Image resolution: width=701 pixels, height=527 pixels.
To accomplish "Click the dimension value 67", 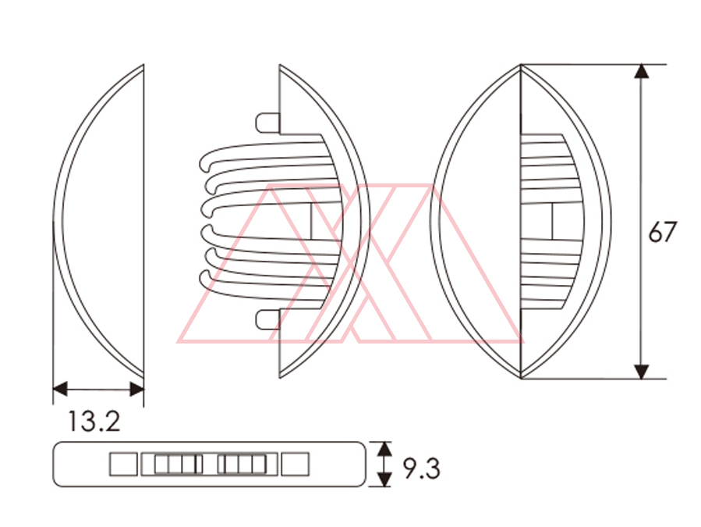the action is pos(663,231).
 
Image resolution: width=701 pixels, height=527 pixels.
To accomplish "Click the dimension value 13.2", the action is pos(94,422).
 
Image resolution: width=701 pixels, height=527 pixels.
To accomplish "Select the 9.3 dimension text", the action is pos(422,468).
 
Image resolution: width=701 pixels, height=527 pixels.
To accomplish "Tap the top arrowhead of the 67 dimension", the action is pos(642,71).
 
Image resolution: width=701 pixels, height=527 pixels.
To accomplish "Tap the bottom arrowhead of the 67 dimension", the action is pos(642,372).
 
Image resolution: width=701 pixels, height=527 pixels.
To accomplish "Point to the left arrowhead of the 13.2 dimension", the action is pos(60,389).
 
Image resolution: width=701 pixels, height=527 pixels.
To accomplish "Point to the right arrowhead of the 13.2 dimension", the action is pos(136,389).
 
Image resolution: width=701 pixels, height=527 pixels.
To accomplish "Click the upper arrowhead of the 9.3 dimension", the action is pos(384,449).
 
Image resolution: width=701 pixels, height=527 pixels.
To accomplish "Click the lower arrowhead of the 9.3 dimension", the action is pos(384,479).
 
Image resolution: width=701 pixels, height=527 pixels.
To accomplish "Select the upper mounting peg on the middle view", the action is pos(267,123).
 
